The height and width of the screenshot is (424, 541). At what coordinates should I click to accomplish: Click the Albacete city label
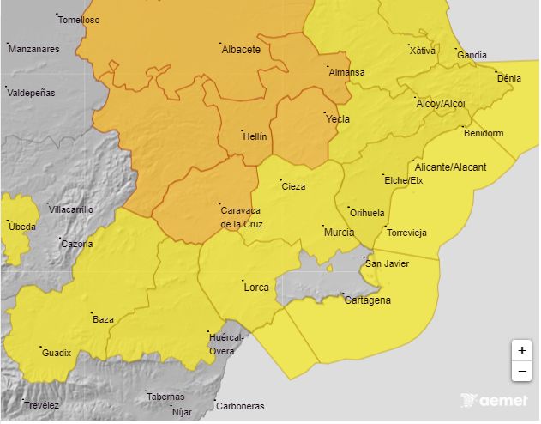click(x=241, y=50)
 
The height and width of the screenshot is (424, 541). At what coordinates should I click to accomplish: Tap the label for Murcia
click(x=339, y=233)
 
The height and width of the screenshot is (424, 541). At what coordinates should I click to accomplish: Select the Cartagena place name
click(x=367, y=300)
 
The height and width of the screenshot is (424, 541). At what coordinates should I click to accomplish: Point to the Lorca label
click(x=256, y=287)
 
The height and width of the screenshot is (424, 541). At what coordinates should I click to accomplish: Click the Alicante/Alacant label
click(x=450, y=167)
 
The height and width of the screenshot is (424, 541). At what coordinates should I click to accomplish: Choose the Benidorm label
click(x=483, y=133)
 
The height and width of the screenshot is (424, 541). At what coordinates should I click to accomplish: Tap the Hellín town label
click(x=255, y=136)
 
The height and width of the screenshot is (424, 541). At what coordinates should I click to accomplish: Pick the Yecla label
click(x=338, y=119)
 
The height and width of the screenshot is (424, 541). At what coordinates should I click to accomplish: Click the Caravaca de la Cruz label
click(x=242, y=218)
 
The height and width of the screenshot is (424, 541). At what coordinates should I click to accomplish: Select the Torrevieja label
click(x=406, y=233)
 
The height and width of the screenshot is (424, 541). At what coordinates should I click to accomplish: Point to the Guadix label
click(x=57, y=353)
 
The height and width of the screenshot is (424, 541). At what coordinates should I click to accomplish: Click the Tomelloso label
click(x=79, y=20)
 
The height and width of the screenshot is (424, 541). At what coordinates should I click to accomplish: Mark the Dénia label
click(x=508, y=78)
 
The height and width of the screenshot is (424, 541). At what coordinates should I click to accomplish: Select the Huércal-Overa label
click(x=226, y=344)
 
